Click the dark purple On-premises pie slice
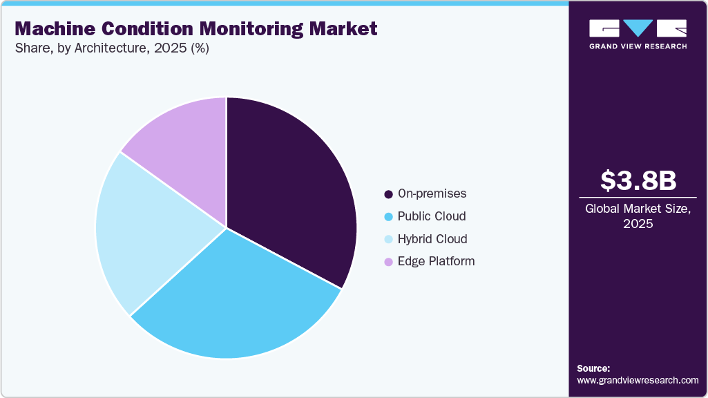tap(290, 193)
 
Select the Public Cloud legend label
tap(432, 216)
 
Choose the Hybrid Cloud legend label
tap(432, 239)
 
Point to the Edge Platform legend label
tap(436, 261)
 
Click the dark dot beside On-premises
tap(388, 194)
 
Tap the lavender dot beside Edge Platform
tap(388, 262)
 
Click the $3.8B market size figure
tap(638, 181)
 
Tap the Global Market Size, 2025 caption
tap(638, 216)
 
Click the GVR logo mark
tap(638, 28)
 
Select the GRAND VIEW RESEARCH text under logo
tap(638, 46)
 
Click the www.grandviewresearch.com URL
tap(638, 381)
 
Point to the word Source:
tap(593, 369)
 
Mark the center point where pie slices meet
tap(226, 227)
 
